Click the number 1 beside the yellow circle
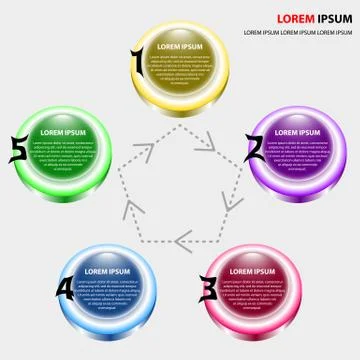tap(137, 63)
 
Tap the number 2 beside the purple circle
tap(255, 147)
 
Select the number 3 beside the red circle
tap(208, 289)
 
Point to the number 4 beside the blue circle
tap(64, 288)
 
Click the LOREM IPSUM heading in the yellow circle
tap(180, 48)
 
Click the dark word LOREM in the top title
tap(295, 18)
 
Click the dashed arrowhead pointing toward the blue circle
tap(181, 240)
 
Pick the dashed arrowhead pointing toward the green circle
tap(128, 205)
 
